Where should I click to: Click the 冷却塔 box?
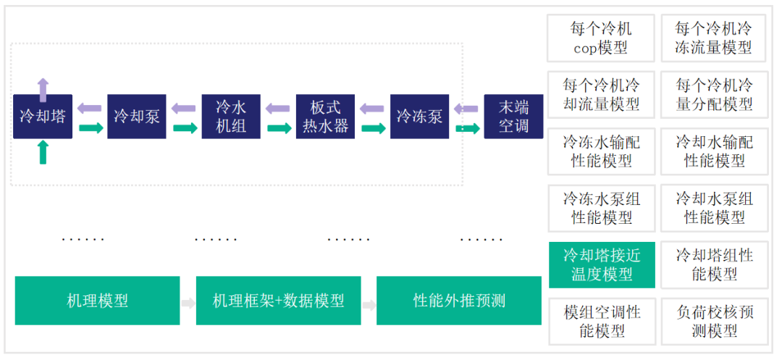click(43, 117)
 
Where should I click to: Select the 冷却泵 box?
click(137, 117)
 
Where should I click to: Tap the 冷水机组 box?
click(231, 117)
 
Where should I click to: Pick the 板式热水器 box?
click(325, 117)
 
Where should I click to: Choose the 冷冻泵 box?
click(419, 117)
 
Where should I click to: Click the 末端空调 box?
click(513, 117)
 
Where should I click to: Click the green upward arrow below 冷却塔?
click(43, 151)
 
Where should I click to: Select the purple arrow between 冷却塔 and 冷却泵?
click(90, 109)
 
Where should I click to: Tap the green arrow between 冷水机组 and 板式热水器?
click(279, 129)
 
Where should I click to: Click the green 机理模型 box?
click(97, 301)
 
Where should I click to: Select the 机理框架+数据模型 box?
click(278, 301)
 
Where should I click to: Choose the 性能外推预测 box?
click(459, 301)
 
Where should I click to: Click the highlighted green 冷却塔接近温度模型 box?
click(602, 264)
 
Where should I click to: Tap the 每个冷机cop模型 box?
click(602, 38)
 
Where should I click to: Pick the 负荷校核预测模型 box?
click(714, 321)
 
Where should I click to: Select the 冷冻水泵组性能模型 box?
click(602, 208)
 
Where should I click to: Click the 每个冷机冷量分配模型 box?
click(714, 95)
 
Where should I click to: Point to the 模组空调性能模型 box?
click(602, 321)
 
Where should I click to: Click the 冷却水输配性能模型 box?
click(714, 151)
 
